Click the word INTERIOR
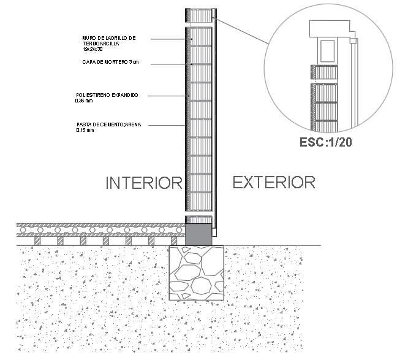pos(145,183)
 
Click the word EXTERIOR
pos(273,182)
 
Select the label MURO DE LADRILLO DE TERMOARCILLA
pos(109,40)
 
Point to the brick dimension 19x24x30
pos(93,49)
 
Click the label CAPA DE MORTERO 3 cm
pos(110,62)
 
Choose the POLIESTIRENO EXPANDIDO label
pos(107,95)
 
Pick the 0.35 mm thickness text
pos(83,101)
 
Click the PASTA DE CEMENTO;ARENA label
pos(108,125)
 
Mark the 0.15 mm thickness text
pos(85,131)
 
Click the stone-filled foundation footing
pos(197,273)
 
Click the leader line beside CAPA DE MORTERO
pos(169,64)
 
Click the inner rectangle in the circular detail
pos(327,49)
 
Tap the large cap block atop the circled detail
pos(329,28)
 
